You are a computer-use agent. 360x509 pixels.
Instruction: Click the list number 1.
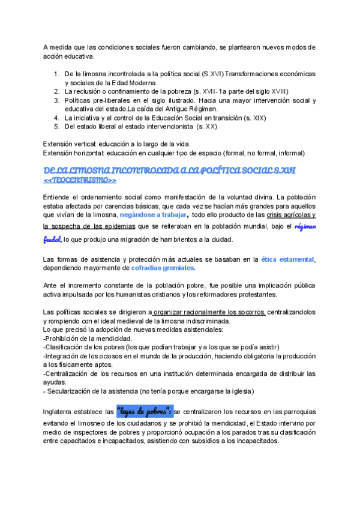click(x=56, y=74)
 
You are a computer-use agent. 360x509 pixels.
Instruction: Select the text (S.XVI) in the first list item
click(x=213, y=74)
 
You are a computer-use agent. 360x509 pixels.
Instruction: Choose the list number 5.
click(x=56, y=127)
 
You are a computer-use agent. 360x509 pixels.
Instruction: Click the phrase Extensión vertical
click(x=67, y=143)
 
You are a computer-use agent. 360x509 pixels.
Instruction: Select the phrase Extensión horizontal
click(x=71, y=152)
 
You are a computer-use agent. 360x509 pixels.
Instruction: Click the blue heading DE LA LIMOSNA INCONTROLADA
click(x=170, y=170)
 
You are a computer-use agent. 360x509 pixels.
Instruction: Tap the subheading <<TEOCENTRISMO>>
click(x=80, y=180)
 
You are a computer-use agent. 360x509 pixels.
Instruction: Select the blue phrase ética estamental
click(x=287, y=259)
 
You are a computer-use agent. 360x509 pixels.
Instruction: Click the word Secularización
click(x=72, y=391)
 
